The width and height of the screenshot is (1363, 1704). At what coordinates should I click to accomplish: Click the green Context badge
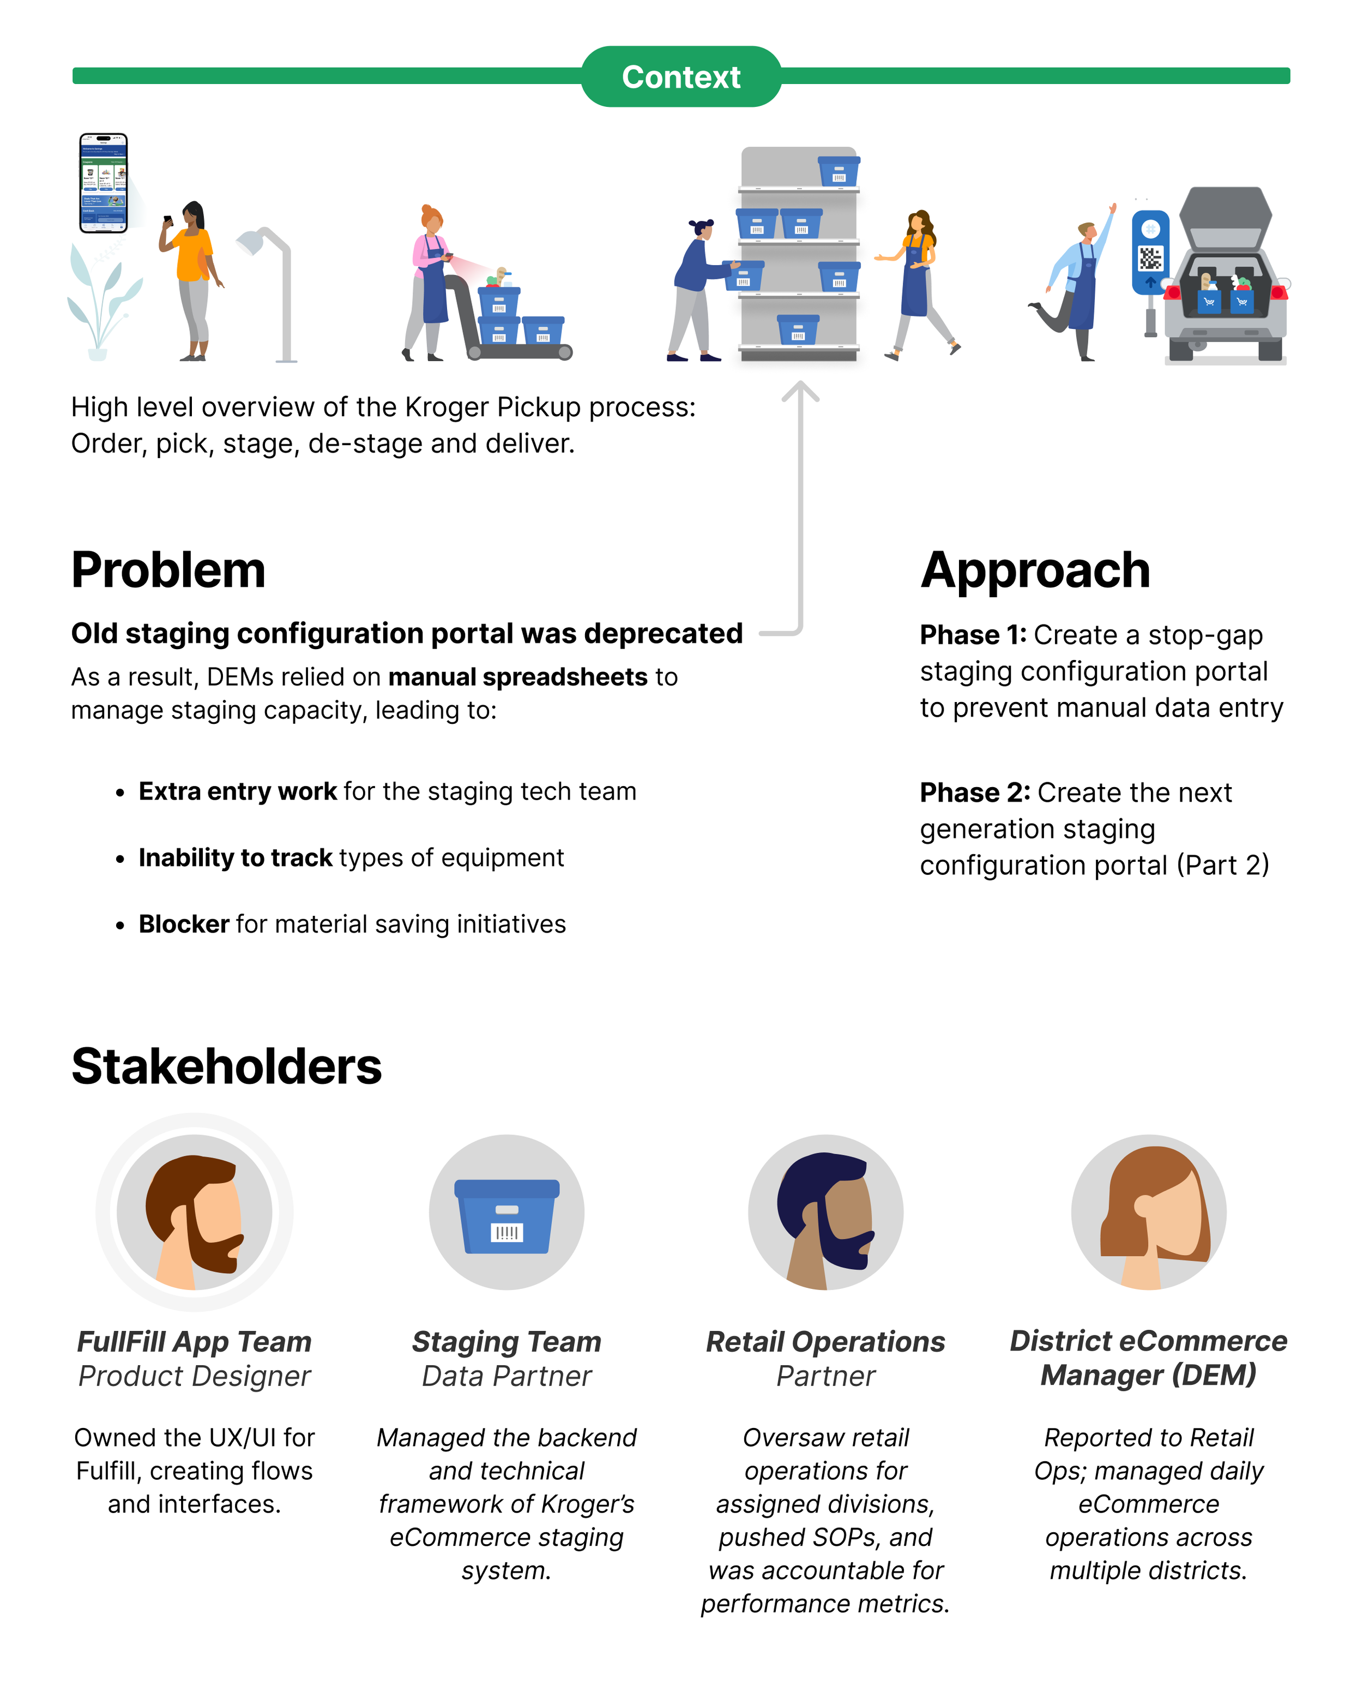coord(681,77)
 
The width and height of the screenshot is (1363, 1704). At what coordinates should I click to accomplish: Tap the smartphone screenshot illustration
coord(104,183)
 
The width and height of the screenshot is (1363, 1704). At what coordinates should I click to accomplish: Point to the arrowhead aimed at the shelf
coord(800,391)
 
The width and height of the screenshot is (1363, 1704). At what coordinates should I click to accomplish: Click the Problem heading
coord(168,570)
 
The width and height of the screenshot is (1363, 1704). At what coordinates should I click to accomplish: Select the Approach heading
coord(1035,570)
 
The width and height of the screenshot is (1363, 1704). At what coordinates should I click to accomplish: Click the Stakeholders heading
coord(227,1066)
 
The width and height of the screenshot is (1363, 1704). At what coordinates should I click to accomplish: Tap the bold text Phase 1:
coord(973,635)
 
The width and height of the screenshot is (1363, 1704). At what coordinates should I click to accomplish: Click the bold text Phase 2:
coord(974,792)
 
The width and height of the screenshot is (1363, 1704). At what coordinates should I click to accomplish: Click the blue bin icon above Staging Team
coord(506,1215)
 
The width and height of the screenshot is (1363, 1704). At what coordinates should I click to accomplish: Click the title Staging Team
coord(506,1341)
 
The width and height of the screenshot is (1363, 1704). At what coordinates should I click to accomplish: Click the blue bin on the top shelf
coord(839,171)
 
